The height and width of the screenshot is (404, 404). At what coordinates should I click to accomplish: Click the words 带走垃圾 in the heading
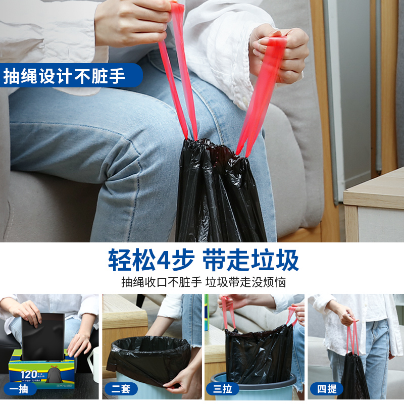click(x=251, y=261)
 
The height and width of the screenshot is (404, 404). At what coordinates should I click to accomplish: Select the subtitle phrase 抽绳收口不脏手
click(x=161, y=282)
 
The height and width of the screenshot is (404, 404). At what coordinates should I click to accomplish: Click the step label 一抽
click(x=20, y=388)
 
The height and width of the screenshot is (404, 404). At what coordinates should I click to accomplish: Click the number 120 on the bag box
click(x=29, y=375)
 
